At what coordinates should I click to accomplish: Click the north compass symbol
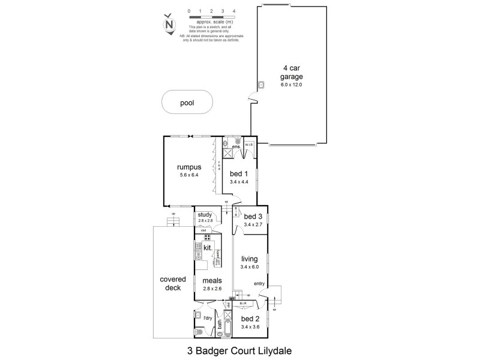pos(169,25)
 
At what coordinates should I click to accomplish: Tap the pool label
pos(187,103)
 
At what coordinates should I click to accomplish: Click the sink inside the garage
pos(262,85)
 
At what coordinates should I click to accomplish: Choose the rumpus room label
pos(188,167)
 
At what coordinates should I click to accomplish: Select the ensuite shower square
pos(229,153)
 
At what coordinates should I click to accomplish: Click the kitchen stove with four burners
pos(206,238)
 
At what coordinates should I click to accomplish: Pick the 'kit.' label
pos(208,247)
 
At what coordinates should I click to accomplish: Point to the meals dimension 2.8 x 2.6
pos(212,289)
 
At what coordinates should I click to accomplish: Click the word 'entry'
pos(259,284)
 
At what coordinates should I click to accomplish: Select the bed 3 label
pos(253,217)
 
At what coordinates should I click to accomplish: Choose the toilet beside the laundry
pos(197,332)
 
